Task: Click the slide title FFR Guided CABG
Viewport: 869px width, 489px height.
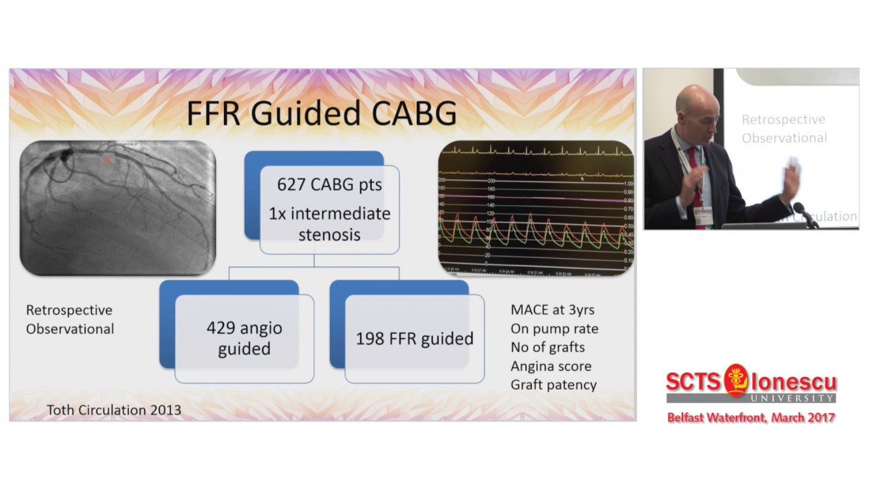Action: pos(321,113)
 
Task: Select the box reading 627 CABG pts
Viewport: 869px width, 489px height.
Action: pos(329,184)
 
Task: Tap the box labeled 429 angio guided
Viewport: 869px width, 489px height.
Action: pos(244,338)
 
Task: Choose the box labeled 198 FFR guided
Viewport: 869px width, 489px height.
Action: pos(414,338)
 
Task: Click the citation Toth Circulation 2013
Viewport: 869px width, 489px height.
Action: pos(113,410)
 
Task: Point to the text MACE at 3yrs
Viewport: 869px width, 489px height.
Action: pos(552,310)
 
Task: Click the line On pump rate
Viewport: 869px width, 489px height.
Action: pos(554,329)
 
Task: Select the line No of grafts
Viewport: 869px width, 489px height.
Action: pos(547,347)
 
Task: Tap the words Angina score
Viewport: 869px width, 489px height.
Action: pos(551,366)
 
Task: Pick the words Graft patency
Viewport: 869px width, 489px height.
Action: pos(553,384)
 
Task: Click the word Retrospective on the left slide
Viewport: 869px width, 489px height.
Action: pos(69,310)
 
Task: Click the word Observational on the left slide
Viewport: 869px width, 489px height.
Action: pos(70,329)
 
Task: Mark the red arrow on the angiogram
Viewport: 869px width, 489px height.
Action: pos(106,160)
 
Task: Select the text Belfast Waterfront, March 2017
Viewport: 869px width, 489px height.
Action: pos(751,418)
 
